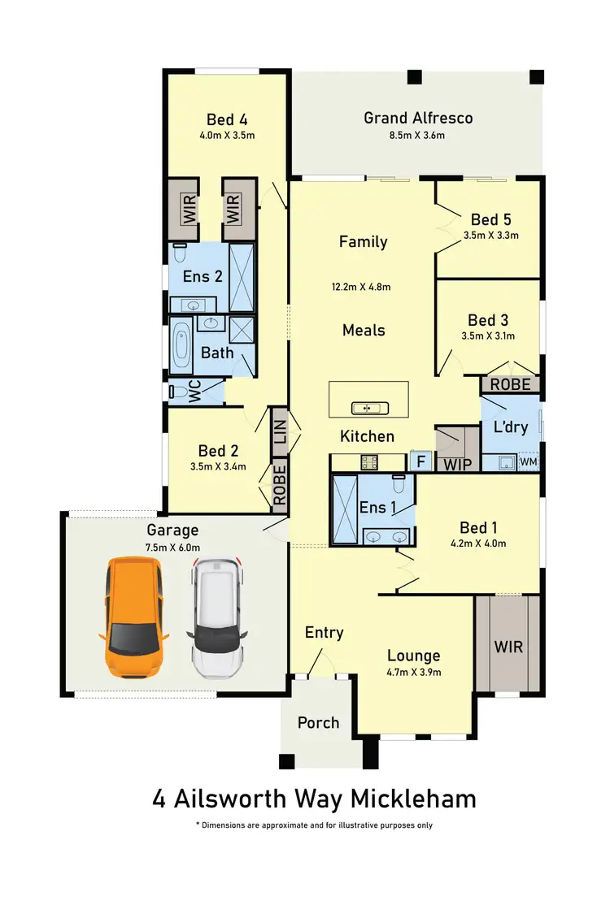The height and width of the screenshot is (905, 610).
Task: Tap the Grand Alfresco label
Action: (x=418, y=118)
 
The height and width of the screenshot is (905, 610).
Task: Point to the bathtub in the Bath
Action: (x=181, y=345)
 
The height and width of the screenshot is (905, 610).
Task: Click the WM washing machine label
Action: (x=529, y=462)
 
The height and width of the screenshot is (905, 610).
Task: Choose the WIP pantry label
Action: (x=458, y=465)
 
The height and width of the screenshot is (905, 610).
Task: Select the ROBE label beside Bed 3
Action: (x=510, y=384)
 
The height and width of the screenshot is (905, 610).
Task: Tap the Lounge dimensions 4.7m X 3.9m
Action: (x=413, y=672)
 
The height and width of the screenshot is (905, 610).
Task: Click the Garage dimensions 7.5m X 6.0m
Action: (x=172, y=548)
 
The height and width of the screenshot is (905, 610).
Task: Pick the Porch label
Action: (x=318, y=722)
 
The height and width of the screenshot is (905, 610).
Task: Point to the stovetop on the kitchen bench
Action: (x=368, y=461)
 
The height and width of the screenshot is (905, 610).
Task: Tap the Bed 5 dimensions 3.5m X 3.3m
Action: (x=490, y=236)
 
